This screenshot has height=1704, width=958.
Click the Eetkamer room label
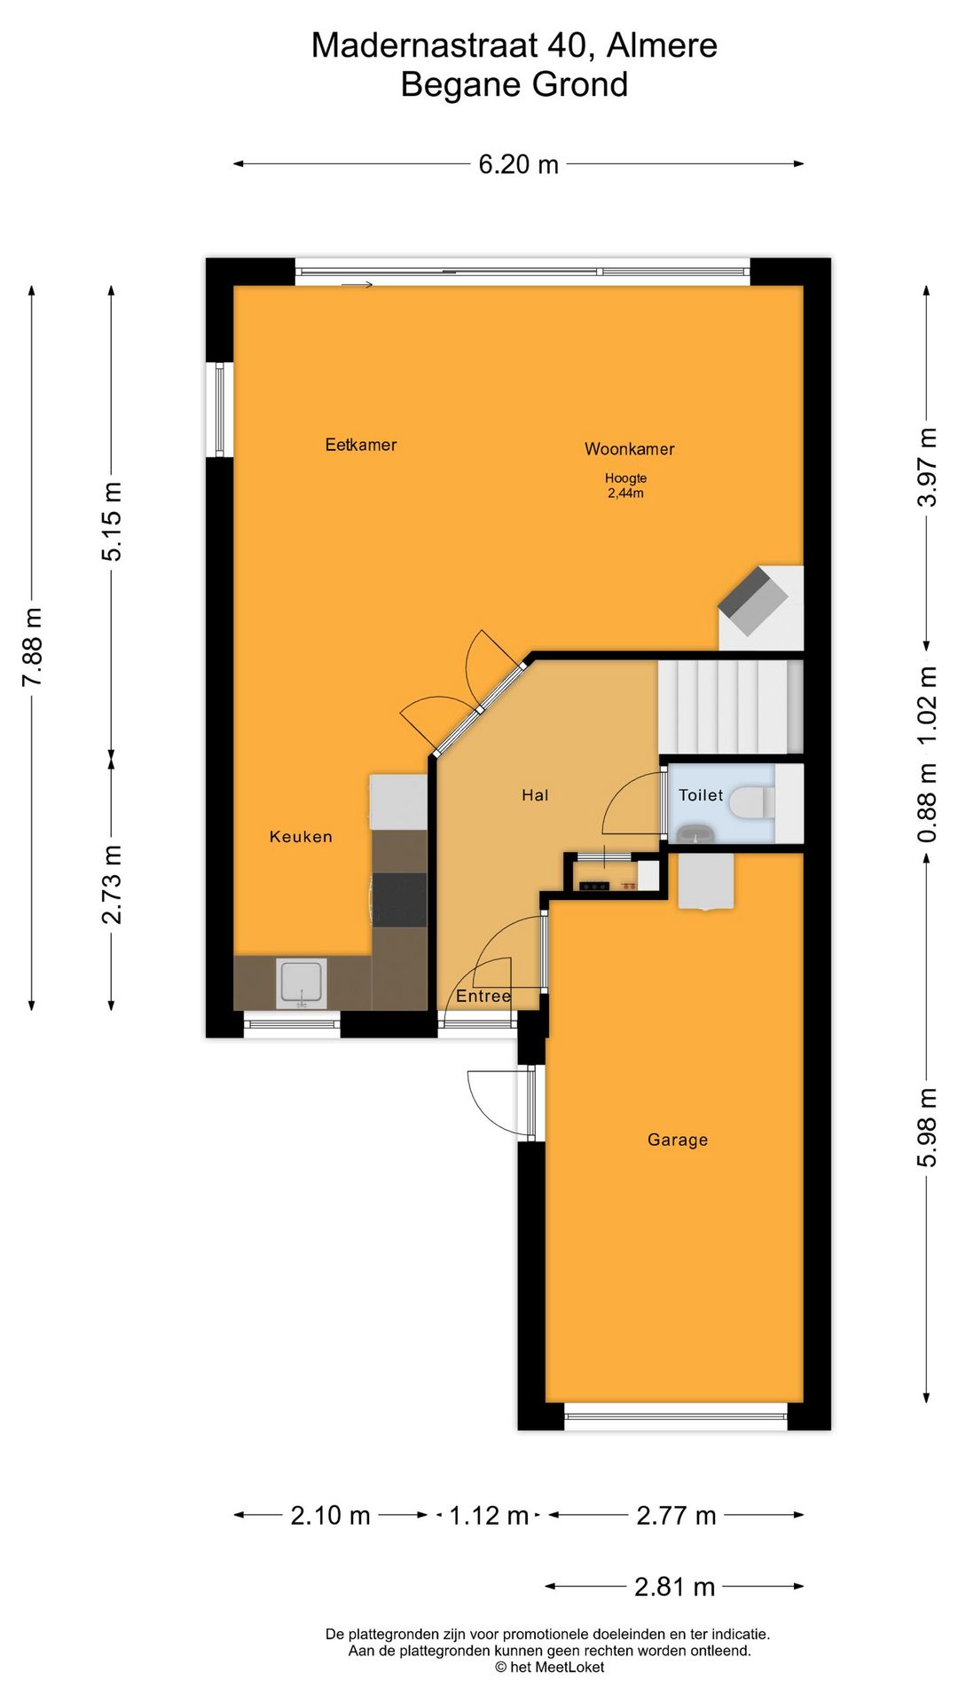click(x=360, y=445)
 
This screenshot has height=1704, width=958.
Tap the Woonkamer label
click(x=629, y=449)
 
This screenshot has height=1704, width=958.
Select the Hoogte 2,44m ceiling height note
click(x=625, y=485)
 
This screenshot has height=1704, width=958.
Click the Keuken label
click(x=301, y=836)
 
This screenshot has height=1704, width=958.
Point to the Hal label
click(x=535, y=795)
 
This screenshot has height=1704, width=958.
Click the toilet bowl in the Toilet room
click(x=750, y=803)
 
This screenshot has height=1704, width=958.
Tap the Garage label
click(x=678, y=1140)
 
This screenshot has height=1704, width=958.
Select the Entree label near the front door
click(x=483, y=996)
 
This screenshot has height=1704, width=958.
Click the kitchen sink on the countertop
click(x=302, y=982)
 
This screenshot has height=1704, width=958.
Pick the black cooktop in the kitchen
click(x=399, y=899)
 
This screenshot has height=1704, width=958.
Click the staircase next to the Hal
click(x=730, y=706)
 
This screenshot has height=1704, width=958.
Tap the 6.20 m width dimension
click(x=518, y=164)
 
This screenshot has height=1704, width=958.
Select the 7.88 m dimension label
click(x=33, y=647)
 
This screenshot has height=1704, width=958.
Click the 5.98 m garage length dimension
click(x=926, y=1127)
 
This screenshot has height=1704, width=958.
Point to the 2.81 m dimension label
click(x=674, y=1586)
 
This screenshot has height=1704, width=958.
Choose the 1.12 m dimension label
click(x=489, y=1515)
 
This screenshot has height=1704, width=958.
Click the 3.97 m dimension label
click(x=926, y=468)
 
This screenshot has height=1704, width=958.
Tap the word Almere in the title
click(x=662, y=45)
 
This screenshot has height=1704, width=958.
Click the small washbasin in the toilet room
click(x=696, y=834)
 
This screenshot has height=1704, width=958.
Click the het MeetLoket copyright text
click(x=550, y=1667)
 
